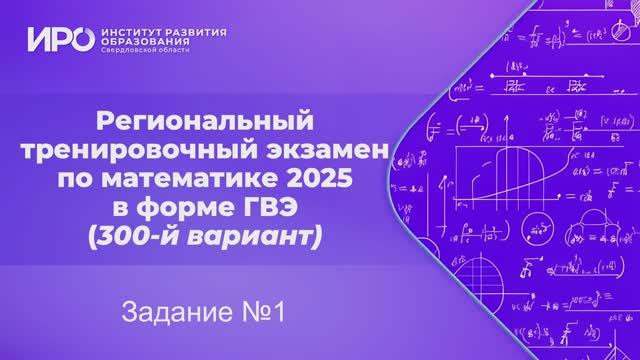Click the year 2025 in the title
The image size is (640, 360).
[x=325, y=181]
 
